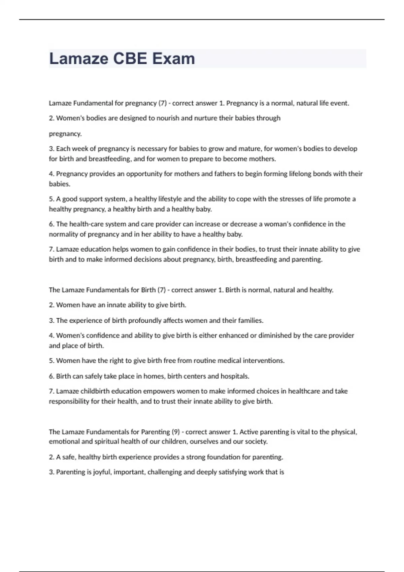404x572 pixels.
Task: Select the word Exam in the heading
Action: [173, 59]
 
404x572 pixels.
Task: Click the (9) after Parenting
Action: [175, 432]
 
